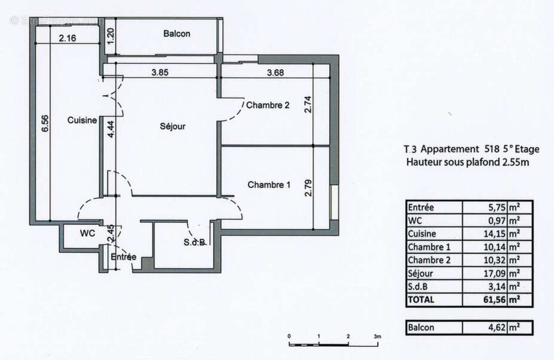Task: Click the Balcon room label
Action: coord(176,34)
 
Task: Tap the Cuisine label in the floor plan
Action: coord(82,120)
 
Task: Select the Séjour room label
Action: coord(173,126)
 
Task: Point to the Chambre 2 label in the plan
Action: coord(268,105)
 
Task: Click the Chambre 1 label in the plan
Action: coord(269,185)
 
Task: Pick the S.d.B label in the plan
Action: coord(195,243)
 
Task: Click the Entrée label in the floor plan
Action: coord(124,257)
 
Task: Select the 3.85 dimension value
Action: coord(160,73)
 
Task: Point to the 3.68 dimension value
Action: coord(275,73)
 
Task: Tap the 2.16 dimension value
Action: coord(67,39)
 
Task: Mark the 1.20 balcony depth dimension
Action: coord(110,34)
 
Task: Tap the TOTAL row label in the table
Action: coord(422,300)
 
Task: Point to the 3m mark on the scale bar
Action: coord(378,337)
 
